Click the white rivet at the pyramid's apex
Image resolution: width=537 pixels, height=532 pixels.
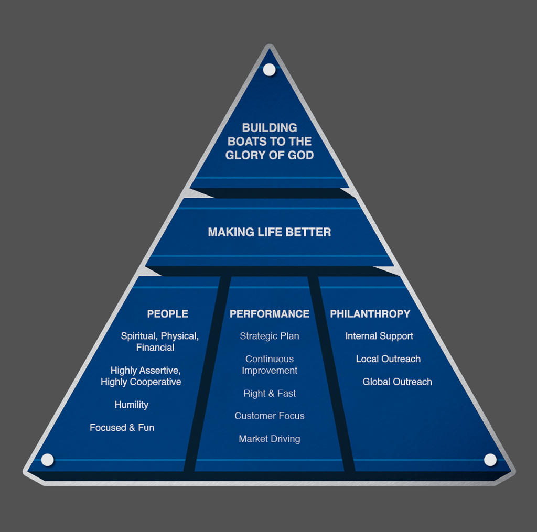pos(269,69)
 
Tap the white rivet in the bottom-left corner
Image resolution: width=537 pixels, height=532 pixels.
pos(47,460)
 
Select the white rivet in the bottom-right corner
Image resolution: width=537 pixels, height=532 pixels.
pos(490,460)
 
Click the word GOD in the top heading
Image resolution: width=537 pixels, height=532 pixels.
pos(300,155)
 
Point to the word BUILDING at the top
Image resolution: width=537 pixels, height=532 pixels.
pos(270,127)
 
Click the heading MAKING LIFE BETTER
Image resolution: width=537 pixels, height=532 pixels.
pos(269,232)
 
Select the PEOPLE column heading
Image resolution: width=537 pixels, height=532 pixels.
pos(167,314)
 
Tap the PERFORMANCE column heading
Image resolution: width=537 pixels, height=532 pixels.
pos(270,314)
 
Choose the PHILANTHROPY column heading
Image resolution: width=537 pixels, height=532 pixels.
pos(370,314)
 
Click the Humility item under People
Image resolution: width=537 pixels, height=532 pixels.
pos(132,405)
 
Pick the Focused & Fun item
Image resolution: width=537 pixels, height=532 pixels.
pos(122,428)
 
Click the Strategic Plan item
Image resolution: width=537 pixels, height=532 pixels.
pos(270,336)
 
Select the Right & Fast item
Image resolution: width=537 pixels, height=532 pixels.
pos(270,393)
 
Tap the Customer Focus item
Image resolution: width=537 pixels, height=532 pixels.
pos(270,416)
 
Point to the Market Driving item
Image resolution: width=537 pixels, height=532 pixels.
pos(270,439)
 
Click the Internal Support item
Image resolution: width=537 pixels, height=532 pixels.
pos(379,336)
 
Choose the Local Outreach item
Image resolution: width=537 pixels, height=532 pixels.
pos(388,359)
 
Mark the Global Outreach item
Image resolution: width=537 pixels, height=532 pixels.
pos(398,382)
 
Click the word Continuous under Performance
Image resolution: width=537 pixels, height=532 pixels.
pos(270,359)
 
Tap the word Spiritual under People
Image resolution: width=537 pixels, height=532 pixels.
pos(138,336)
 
